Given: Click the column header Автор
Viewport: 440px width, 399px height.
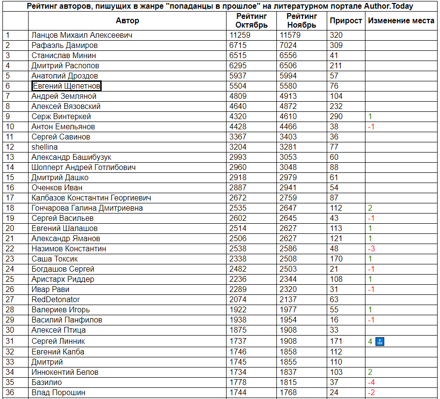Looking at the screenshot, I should tap(127, 21).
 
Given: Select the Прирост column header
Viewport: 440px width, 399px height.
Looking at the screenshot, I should tap(346, 21).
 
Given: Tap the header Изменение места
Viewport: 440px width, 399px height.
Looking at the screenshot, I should tap(401, 21).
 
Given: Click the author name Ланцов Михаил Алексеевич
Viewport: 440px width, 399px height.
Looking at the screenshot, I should tap(82, 35).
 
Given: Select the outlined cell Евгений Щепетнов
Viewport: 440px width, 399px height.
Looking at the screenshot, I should tap(66, 86).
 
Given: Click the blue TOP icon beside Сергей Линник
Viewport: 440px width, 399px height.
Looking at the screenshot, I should tap(379, 341).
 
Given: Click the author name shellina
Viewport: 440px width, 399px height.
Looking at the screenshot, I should tap(45, 147).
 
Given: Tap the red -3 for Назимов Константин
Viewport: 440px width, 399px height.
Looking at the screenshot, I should tap(371, 249).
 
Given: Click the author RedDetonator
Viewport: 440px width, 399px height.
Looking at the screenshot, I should tap(56, 300).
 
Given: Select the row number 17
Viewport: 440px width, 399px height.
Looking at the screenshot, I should tap(10, 198).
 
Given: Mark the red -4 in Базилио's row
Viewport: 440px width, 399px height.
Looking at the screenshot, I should tap(371, 383).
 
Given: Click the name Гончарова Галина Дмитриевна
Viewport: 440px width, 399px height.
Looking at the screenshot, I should tap(87, 208).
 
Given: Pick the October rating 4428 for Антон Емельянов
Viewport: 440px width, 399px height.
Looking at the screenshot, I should tap(238, 127).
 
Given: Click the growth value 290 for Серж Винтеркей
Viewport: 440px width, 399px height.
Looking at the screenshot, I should tap(336, 117).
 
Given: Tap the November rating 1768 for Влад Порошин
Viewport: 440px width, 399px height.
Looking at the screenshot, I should tap(288, 393).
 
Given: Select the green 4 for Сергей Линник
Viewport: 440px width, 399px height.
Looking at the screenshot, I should tap(370, 341).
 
